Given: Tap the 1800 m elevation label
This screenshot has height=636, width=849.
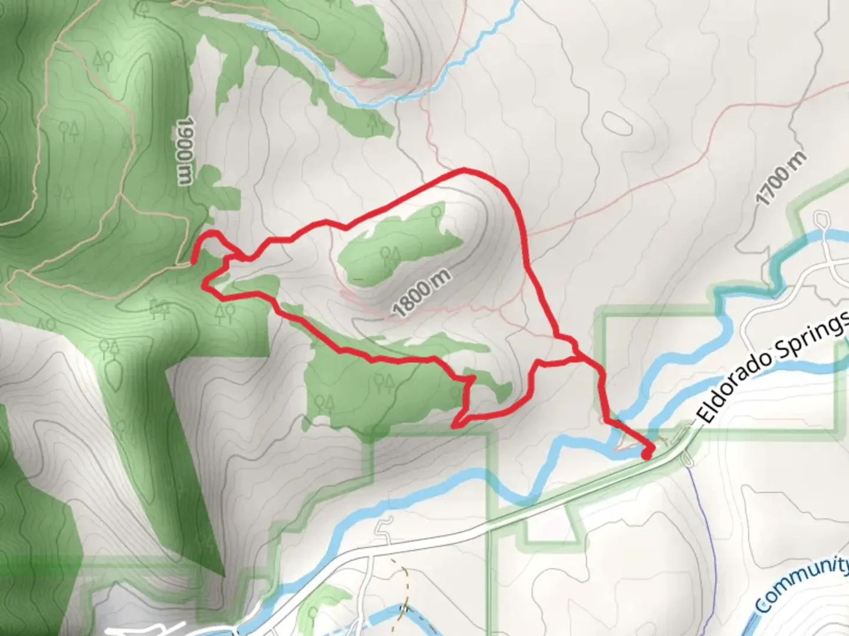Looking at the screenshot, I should coord(422,292).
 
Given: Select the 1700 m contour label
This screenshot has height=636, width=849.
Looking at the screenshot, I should coord(781,178).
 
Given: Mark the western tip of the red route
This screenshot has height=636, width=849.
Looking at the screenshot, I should coord(195,259).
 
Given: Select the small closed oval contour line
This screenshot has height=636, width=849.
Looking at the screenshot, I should coord(616,123).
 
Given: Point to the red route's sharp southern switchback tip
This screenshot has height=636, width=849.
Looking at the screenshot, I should coord(454,425).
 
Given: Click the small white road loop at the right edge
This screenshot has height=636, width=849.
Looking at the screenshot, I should coord(821,220).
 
